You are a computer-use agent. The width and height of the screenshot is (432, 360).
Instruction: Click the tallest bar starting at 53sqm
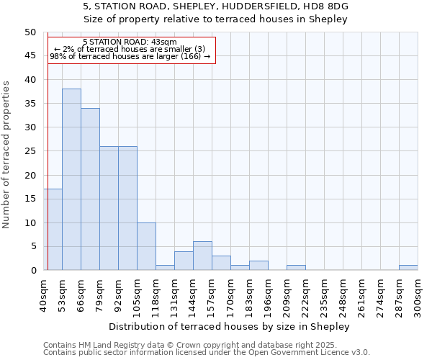coord(71,179)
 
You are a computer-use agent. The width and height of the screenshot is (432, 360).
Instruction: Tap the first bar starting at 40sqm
coord(53,229)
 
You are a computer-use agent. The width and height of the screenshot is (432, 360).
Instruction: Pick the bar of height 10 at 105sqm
coord(146,246)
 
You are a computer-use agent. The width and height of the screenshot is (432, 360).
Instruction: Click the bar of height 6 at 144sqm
coord(202,256)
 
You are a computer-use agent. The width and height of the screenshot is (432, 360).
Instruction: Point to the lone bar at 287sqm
coord(408,268)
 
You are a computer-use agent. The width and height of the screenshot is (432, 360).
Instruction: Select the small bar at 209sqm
coord(296,268)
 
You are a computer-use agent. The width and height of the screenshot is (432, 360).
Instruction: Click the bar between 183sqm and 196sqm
coord(258,265)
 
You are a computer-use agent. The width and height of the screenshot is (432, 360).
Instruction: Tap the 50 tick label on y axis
coord(30,32)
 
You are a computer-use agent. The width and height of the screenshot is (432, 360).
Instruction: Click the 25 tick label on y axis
coord(30,151)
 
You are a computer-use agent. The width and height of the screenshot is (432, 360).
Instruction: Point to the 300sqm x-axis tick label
coord(418,294)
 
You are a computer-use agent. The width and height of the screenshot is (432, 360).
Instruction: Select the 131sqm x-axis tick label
coord(174,294)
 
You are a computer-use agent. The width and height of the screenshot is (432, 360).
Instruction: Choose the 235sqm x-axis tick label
coord(324,294)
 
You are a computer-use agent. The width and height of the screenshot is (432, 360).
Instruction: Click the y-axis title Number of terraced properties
coord(6,154)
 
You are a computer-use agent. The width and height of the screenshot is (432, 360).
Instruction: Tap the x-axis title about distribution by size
coord(230,326)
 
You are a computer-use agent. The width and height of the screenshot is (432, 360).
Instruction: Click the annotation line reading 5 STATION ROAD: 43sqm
coord(130,42)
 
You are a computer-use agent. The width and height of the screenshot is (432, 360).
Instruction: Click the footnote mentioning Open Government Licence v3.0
coord(207,353)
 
